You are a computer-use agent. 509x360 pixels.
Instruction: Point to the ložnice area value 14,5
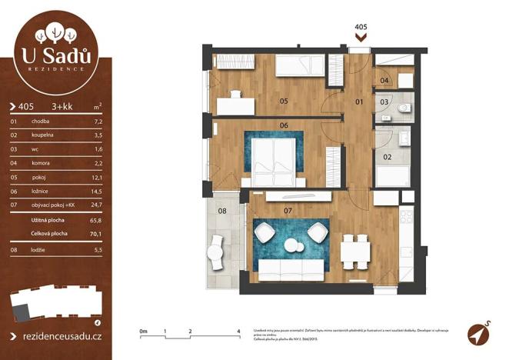(97, 190)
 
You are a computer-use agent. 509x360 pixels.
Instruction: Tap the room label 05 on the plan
(283, 101)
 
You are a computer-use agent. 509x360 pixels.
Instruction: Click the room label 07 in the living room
(288, 209)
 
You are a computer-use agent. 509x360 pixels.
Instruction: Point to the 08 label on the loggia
(222, 210)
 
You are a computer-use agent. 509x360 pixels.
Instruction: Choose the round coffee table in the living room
(293, 245)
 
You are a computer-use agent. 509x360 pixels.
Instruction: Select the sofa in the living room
(290, 269)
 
